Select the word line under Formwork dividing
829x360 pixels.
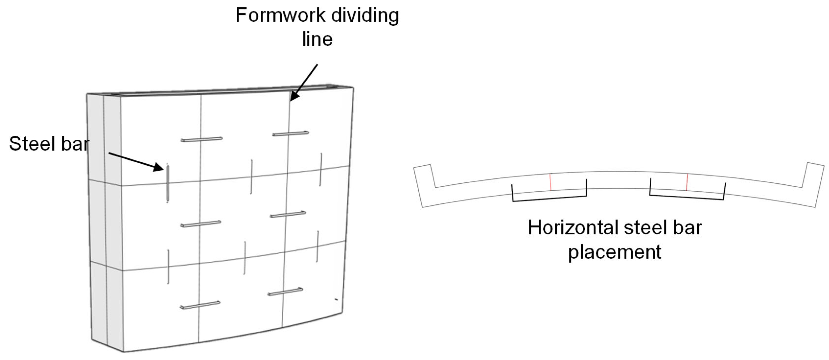pyautogui.click(x=317, y=39)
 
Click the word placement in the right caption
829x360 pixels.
pyautogui.click(x=614, y=252)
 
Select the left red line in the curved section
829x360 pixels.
pyautogui.click(x=550, y=182)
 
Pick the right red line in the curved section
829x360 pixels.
pyautogui.click(x=687, y=182)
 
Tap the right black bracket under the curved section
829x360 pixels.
pyautogui.click(x=687, y=196)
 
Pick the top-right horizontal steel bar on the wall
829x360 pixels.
pyautogui.click(x=291, y=133)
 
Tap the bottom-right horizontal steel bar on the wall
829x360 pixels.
pyautogui.click(x=285, y=292)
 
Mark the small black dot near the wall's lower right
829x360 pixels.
pyautogui.click(x=336, y=299)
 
